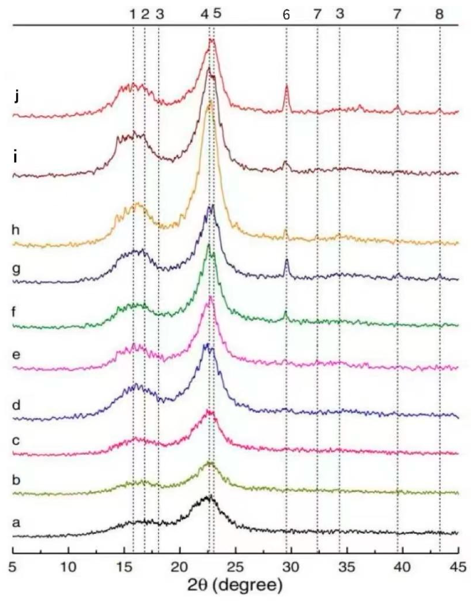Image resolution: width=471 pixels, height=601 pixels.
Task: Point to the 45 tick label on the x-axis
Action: point(458,567)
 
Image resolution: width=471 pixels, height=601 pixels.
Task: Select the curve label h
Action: point(15,230)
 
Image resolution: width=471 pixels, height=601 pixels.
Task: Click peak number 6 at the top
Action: point(286,15)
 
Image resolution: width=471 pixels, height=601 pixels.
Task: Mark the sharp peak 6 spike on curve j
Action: point(287,86)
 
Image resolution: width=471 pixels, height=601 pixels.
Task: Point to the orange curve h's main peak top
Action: point(211,102)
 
